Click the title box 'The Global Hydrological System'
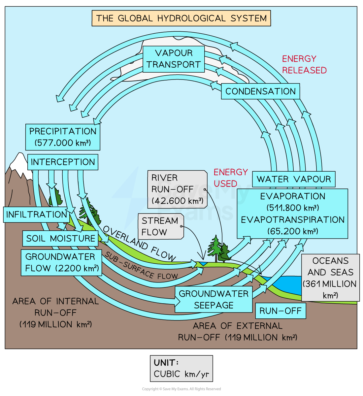pyautogui.click(x=181, y=18)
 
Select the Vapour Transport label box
pyautogui.click(x=174, y=59)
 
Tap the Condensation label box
pyautogui.click(x=260, y=91)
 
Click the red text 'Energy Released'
pyautogui.click(x=304, y=64)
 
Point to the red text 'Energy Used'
pyautogui.click(x=230, y=178)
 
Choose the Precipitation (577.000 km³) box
pyautogui.click(x=63, y=137)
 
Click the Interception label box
pyautogui.click(x=63, y=162)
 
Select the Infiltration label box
pyautogui.click(x=36, y=214)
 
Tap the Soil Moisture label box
pyautogui.click(x=60, y=238)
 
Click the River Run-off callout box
pyautogui.click(x=177, y=189)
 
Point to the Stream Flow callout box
pyautogui.click(x=161, y=226)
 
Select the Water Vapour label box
pyautogui.click(x=293, y=179)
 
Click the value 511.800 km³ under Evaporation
pyautogui.click(x=293, y=208)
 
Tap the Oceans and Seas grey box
pyautogui.click(x=330, y=278)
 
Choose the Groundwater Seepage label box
pyautogui.click(x=214, y=299)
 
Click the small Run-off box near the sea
pyautogui.click(x=280, y=311)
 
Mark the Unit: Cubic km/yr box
pyautogui.click(x=181, y=368)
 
